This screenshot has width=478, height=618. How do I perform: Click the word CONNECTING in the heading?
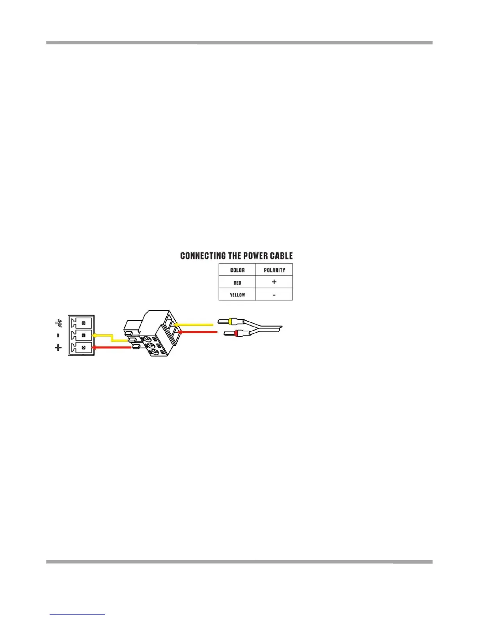pyautogui.click(x=203, y=256)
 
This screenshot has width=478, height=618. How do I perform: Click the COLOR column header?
pyautogui.click(x=237, y=270)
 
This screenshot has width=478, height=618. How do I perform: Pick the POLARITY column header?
pyautogui.click(x=274, y=270)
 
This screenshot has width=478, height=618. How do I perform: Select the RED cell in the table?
pyautogui.click(x=237, y=282)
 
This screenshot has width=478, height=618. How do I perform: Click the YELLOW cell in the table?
pyautogui.click(x=237, y=295)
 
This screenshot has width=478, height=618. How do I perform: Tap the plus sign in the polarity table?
pyautogui.click(x=274, y=282)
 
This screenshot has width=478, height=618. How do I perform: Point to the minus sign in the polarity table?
pyautogui.click(x=274, y=295)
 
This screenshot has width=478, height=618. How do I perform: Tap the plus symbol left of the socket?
pyautogui.click(x=59, y=347)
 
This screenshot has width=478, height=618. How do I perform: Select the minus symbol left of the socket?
pyautogui.click(x=59, y=335)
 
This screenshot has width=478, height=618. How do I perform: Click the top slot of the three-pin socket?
pyautogui.click(x=83, y=323)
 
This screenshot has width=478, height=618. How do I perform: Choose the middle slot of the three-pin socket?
pyautogui.click(x=83, y=335)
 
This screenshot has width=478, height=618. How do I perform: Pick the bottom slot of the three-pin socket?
pyautogui.click(x=83, y=347)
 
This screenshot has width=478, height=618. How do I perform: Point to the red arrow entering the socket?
pyautogui.click(x=111, y=347)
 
